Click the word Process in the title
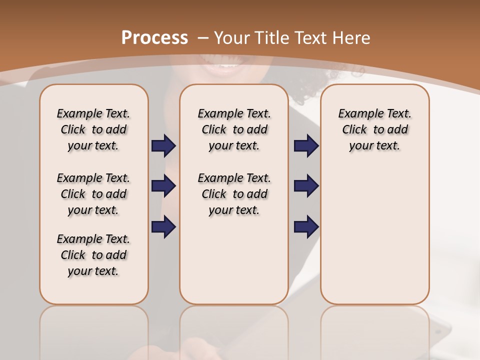click(x=154, y=38)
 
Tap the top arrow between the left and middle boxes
click(x=163, y=146)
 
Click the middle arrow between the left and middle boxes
click(x=163, y=186)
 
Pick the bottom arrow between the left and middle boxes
click(x=163, y=226)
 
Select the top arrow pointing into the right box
click(x=306, y=146)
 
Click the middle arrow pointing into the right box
click(x=306, y=186)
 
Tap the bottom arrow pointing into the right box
click(x=306, y=226)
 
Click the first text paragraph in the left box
click(x=93, y=129)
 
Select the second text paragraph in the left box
click(x=93, y=194)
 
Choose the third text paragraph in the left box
click(x=93, y=255)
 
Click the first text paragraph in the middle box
click(x=234, y=129)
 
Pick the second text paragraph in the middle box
click(x=234, y=194)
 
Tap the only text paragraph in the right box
click(x=375, y=129)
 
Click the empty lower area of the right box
click(x=375, y=235)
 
